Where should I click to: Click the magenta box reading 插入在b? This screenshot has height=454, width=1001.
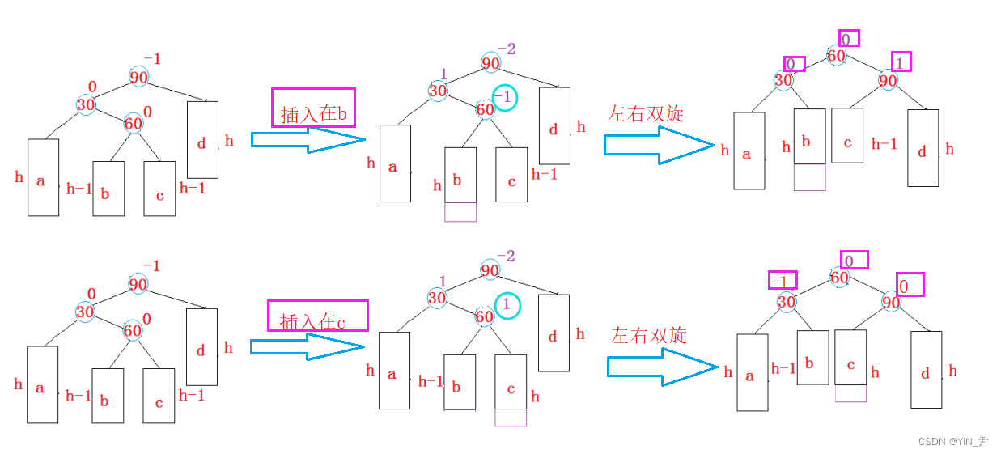(313, 108)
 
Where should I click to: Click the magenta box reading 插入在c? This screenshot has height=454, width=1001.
(317, 316)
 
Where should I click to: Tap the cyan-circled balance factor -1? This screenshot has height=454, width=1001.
(503, 98)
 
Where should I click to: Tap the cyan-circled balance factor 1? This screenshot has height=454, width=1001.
(506, 305)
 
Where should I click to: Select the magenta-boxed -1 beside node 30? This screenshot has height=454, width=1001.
(782, 281)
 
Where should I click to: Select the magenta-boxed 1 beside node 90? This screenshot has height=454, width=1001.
(901, 62)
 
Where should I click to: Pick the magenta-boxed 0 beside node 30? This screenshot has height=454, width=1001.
(795, 64)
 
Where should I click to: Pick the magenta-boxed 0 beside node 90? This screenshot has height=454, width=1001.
(910, 284)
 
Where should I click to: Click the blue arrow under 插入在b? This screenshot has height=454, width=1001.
(308, 140)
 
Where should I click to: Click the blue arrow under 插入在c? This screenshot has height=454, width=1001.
(308, 347)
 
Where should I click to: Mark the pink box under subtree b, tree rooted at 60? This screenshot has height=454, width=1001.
(809, 177)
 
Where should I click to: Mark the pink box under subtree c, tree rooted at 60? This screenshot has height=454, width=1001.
(850, 393)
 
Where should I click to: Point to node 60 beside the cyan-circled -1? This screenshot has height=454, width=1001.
(485, 109)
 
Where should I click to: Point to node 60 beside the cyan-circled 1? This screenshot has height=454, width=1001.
(484, 316)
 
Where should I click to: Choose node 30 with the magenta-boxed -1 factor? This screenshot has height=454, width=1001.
(786, 302)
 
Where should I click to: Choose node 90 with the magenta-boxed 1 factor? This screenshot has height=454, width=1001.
(888, 81)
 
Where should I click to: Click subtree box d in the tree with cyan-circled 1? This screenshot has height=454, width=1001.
(554, 333)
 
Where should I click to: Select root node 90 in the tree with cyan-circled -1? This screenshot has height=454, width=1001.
(490, 63)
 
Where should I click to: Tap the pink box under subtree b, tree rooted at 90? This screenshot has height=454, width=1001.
(460, 211)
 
